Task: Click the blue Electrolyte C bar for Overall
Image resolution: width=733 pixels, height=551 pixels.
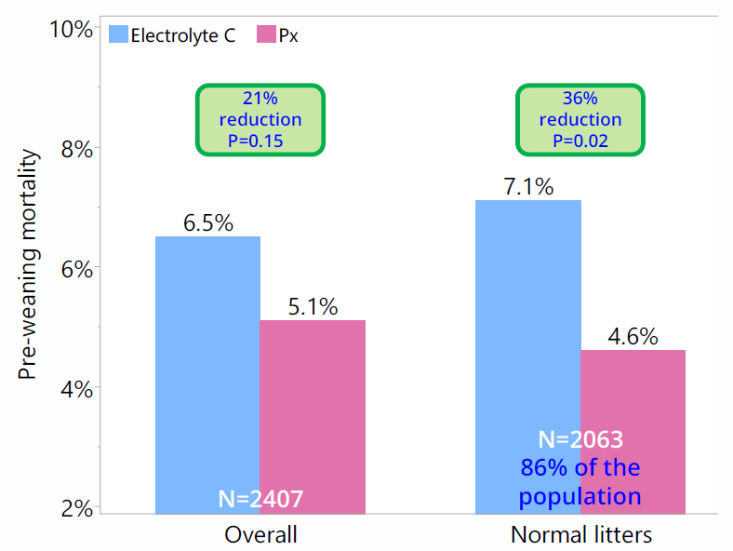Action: [x=207, y=372]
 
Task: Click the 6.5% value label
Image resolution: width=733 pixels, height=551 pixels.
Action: [x=207, y=223]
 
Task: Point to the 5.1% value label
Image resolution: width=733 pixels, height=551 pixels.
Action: [x=313, y=306]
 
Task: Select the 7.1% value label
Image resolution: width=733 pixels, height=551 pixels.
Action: [x=527, y=186]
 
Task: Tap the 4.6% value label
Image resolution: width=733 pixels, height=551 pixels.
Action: [x=633, y=337]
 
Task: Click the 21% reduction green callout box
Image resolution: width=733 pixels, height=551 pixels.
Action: [x=260, y=119]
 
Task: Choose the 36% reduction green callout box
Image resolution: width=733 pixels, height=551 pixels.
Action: [x=580, y=119]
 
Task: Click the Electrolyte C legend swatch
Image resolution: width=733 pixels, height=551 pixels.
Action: [x=118, y=35]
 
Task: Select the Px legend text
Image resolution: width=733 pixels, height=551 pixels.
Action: [x=288, y=35]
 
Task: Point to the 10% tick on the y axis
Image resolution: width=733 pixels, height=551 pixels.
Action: [x=72, y=30]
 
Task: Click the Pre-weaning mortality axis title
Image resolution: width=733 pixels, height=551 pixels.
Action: [x=28, y=266]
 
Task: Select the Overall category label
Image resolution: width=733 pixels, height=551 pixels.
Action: [x=260, y=535]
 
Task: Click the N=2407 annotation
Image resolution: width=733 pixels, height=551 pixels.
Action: [x=260, y=498]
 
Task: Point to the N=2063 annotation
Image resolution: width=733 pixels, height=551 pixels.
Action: [x=580, y=439]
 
